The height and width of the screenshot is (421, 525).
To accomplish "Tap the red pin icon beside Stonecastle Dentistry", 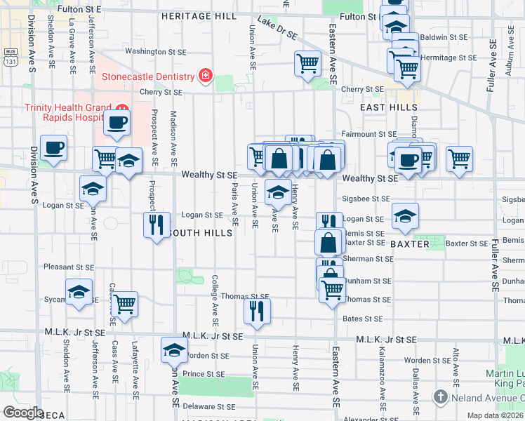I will click(x=205, y=75).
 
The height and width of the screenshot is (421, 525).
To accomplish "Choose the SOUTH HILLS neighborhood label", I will click(x=201, y=233).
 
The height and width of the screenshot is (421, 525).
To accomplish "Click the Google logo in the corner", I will click(x=23, y=412).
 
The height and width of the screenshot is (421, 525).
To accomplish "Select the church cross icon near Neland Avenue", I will click(x=440, y=396).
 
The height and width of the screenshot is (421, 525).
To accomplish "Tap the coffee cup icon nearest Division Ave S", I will click(x=54, y=149).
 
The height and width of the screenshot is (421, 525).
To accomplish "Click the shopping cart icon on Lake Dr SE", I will click(x=308, y=64).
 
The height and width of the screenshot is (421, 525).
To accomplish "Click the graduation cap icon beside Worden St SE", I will click(x=174, y=349).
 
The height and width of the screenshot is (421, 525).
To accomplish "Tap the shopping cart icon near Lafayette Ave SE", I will click(x=124, y=305).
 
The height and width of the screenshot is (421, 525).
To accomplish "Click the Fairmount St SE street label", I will click(x=369, y=134).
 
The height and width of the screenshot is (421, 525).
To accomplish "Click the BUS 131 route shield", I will click(x=10, y=56).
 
